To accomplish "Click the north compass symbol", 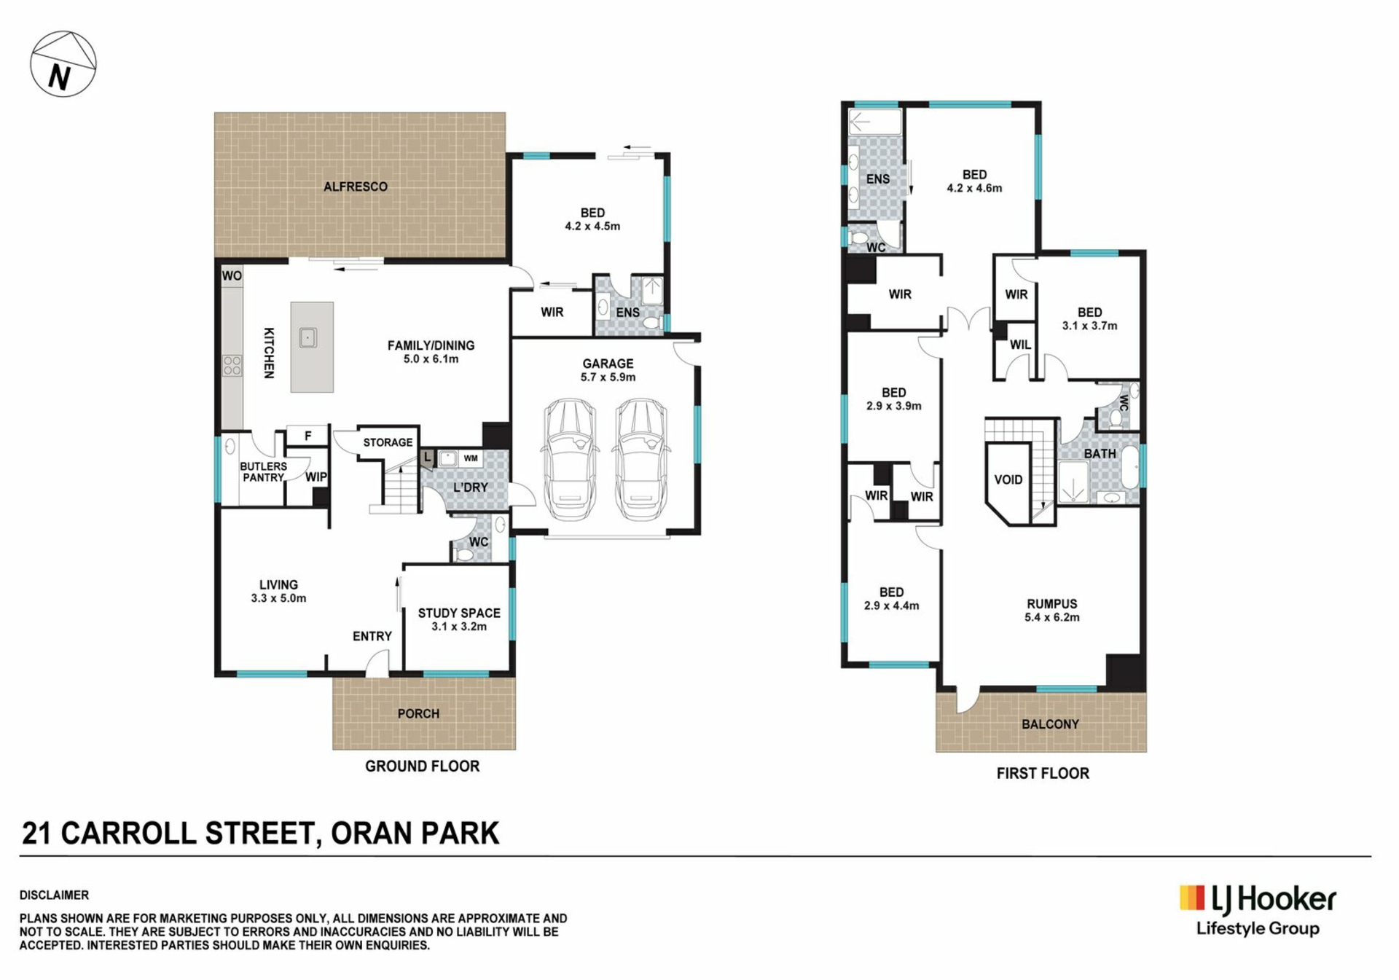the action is (x=63, y=64).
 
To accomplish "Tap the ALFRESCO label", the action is (x=356, y=187).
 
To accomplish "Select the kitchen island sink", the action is (x=308, y=338).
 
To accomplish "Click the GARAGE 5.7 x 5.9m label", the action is (x=608, y=370).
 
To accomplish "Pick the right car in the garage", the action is (x=640, y=459).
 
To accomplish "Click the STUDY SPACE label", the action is (x=459, y=613).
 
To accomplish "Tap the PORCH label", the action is (x=418, y=713).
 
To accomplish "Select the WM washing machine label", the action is (x=471, y=458).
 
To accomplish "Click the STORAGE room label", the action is (x=388, y=442).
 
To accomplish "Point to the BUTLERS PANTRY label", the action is (x=263, y=471).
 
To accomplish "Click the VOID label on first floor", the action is (x=1008, y=479).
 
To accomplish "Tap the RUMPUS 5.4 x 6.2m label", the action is (x=1052, y=611).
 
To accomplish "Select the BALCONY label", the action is (x=1050, y=724).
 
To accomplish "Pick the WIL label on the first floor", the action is (x=1020, y=345).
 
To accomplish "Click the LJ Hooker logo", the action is (x=1258, y=910).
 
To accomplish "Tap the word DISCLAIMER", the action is (x=54, y=895).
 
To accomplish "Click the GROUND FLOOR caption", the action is (x=423, y=766).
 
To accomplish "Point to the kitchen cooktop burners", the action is (x=232, y=366).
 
